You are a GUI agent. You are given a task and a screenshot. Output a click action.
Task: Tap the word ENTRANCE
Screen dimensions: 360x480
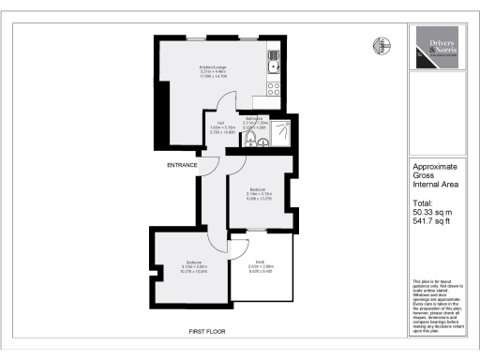(183, 165)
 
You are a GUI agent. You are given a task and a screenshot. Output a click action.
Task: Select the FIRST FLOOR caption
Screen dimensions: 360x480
(206, 331)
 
